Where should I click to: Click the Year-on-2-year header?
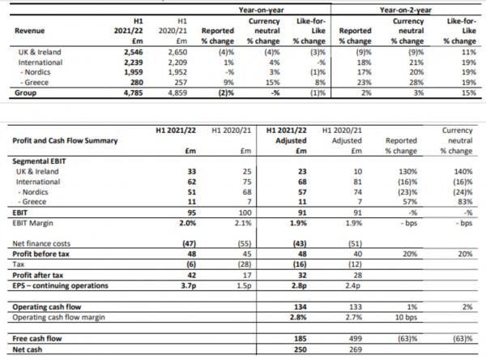pos(406,10)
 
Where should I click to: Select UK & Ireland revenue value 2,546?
pos(134,52)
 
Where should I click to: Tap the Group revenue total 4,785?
pos(134,92)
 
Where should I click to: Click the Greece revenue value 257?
pos(181,83)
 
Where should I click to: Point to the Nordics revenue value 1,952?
pos(177,72)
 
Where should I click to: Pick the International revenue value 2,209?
pos(177,62)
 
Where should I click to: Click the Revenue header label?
pos(29,31)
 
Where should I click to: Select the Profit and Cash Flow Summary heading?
pos(65,140)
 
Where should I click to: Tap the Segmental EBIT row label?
pos(39,161)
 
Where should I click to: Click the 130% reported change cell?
pos(408,172)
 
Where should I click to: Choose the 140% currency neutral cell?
pos(463,172)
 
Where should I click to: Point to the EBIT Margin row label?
pos(32,223)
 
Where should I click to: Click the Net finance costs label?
pos(41,243)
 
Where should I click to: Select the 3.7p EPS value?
pos(189,285)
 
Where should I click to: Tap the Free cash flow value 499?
pos(356,339)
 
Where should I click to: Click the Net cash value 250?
pos(301,349)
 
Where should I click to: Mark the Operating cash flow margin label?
pos(58,318)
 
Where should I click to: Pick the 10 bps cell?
pos(406,318)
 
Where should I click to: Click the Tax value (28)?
pos(245,264)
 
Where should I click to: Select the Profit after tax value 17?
pos(247,276)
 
